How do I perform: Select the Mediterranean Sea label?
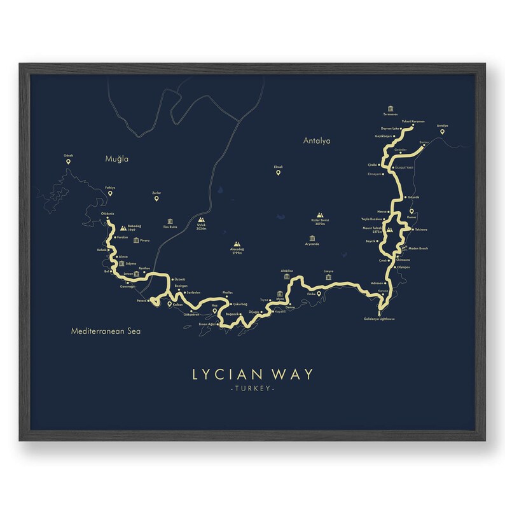(106, 331)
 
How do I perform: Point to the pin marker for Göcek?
(68, 163)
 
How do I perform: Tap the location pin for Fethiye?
(109, 193)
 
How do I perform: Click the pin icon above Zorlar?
(156, 199)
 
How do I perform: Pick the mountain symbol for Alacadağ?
(237, 244)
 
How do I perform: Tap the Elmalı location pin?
(278, 172)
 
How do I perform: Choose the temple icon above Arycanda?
(312, 237)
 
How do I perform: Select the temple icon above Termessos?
(389, 109)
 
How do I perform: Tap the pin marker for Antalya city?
(443, 132)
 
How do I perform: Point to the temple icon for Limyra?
(329, 277)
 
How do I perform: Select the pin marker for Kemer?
(411, 212)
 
